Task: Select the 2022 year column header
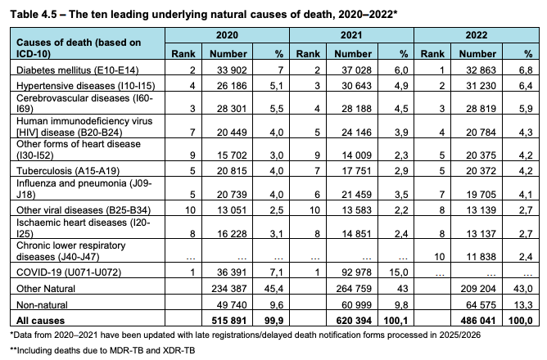[x=476, y=37]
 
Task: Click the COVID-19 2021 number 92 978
[x=355, y=271]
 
